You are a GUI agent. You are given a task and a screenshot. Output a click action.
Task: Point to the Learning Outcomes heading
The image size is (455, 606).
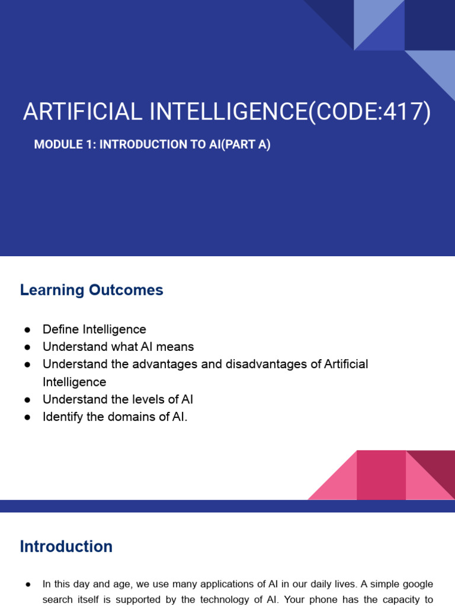click(x=91, y=290)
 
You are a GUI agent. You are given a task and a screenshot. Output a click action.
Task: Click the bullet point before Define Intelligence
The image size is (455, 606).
click(x=27, y=330)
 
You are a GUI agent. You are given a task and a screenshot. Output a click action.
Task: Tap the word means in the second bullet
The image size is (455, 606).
click(x=175, y=347)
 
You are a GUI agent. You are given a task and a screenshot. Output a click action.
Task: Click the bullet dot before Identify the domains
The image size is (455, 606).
click(x=27, y=417)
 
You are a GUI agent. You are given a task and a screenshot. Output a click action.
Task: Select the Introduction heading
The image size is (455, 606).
click(x=66, y=546)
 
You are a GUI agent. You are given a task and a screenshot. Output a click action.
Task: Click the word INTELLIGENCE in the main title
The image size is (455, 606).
click(x=229, y=112)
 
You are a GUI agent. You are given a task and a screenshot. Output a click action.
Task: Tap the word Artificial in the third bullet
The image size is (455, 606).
click(x=346, y=364)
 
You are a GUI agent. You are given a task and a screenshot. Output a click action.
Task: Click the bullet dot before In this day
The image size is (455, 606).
click(x=27, y=585)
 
